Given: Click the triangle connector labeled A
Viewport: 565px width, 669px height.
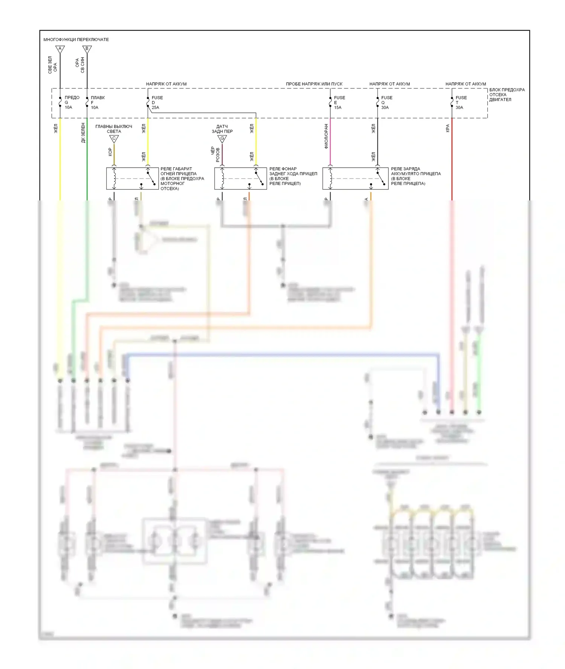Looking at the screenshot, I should [x=60, y=49].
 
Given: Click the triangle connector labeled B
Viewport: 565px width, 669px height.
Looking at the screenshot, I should [x=87, y=49].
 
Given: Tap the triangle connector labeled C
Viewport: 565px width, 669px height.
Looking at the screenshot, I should [x=114, y=139].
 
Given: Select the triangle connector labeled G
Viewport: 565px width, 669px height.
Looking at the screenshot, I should [x=222, y=139].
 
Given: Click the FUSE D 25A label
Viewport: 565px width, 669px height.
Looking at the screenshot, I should [x=157, y=102].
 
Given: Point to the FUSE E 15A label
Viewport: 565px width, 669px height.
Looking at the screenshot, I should [x=339, y=102].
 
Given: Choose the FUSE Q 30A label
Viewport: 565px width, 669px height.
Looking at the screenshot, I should [x=386, y=102].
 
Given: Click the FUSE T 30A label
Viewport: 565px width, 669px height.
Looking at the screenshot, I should [x=461, y=102].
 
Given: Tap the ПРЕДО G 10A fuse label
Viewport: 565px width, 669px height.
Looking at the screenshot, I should [x=72, y=102].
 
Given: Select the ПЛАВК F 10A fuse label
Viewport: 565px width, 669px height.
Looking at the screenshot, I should [x=98, y=102].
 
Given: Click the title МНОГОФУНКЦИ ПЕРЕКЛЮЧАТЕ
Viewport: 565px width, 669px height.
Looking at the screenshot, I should [x=76, y=40].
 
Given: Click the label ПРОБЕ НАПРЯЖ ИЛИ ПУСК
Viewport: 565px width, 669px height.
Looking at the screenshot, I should [x=314, y=84].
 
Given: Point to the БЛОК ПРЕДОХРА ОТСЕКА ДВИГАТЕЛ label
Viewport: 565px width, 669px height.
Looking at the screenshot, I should [x=507, y=95].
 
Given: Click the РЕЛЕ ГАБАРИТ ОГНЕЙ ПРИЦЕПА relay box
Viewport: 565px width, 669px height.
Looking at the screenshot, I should [x=132, y=179].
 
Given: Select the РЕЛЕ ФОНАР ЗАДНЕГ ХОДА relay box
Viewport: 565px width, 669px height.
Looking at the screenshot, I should [x=240, y=179].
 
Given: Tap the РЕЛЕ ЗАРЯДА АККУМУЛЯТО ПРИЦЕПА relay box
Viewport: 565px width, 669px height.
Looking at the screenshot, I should [x=355, y=179].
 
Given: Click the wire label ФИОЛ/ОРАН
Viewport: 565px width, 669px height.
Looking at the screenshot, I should [x=326, y=136].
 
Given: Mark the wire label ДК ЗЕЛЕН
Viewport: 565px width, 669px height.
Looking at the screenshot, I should [x=83, y=133].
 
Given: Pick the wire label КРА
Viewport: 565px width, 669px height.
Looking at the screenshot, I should [x=447, y=128].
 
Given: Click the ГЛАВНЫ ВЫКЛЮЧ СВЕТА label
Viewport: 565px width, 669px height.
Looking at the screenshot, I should [x=114, y=129].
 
